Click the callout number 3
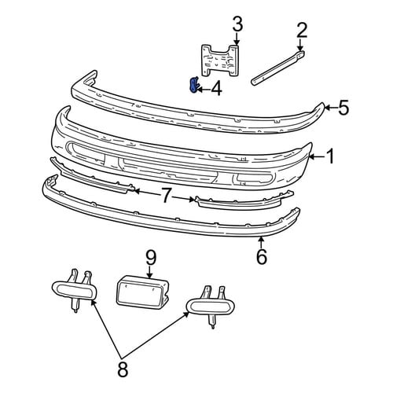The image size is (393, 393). pyautogui.click(x=237, y=24)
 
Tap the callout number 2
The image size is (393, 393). pyautogui.click(x=301, y=30)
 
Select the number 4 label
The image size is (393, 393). pyautogui.click(x=216, y=89)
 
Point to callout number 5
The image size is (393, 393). pyautogui.click(x=343, y=108)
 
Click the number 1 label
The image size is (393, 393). pyautogui.click(x=331, y=156)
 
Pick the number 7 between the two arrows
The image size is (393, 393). pyautogui.click(x=166, y=196)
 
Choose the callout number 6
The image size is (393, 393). pyautogui.click(x=262, y=256)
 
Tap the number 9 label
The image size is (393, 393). pyautogui.click(x=151, y=258)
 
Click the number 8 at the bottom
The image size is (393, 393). pyautogui.click(x=123, y=369)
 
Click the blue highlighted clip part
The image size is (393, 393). pyautogui.click(x=193, y=85)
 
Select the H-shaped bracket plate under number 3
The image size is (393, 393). pyautogui.click(x=221, y=61)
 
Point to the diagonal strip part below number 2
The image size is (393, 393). pyautogui.click(x=278, y=68)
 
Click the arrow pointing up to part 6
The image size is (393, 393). pyautogui.click(x=261, y=242)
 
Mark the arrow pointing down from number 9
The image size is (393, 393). pyautogui.click(x=149, y=272)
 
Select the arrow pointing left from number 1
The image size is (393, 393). pyautogui.click(x=318, y=156)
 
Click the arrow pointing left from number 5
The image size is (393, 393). pyautogui.click(x=331, y=107)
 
